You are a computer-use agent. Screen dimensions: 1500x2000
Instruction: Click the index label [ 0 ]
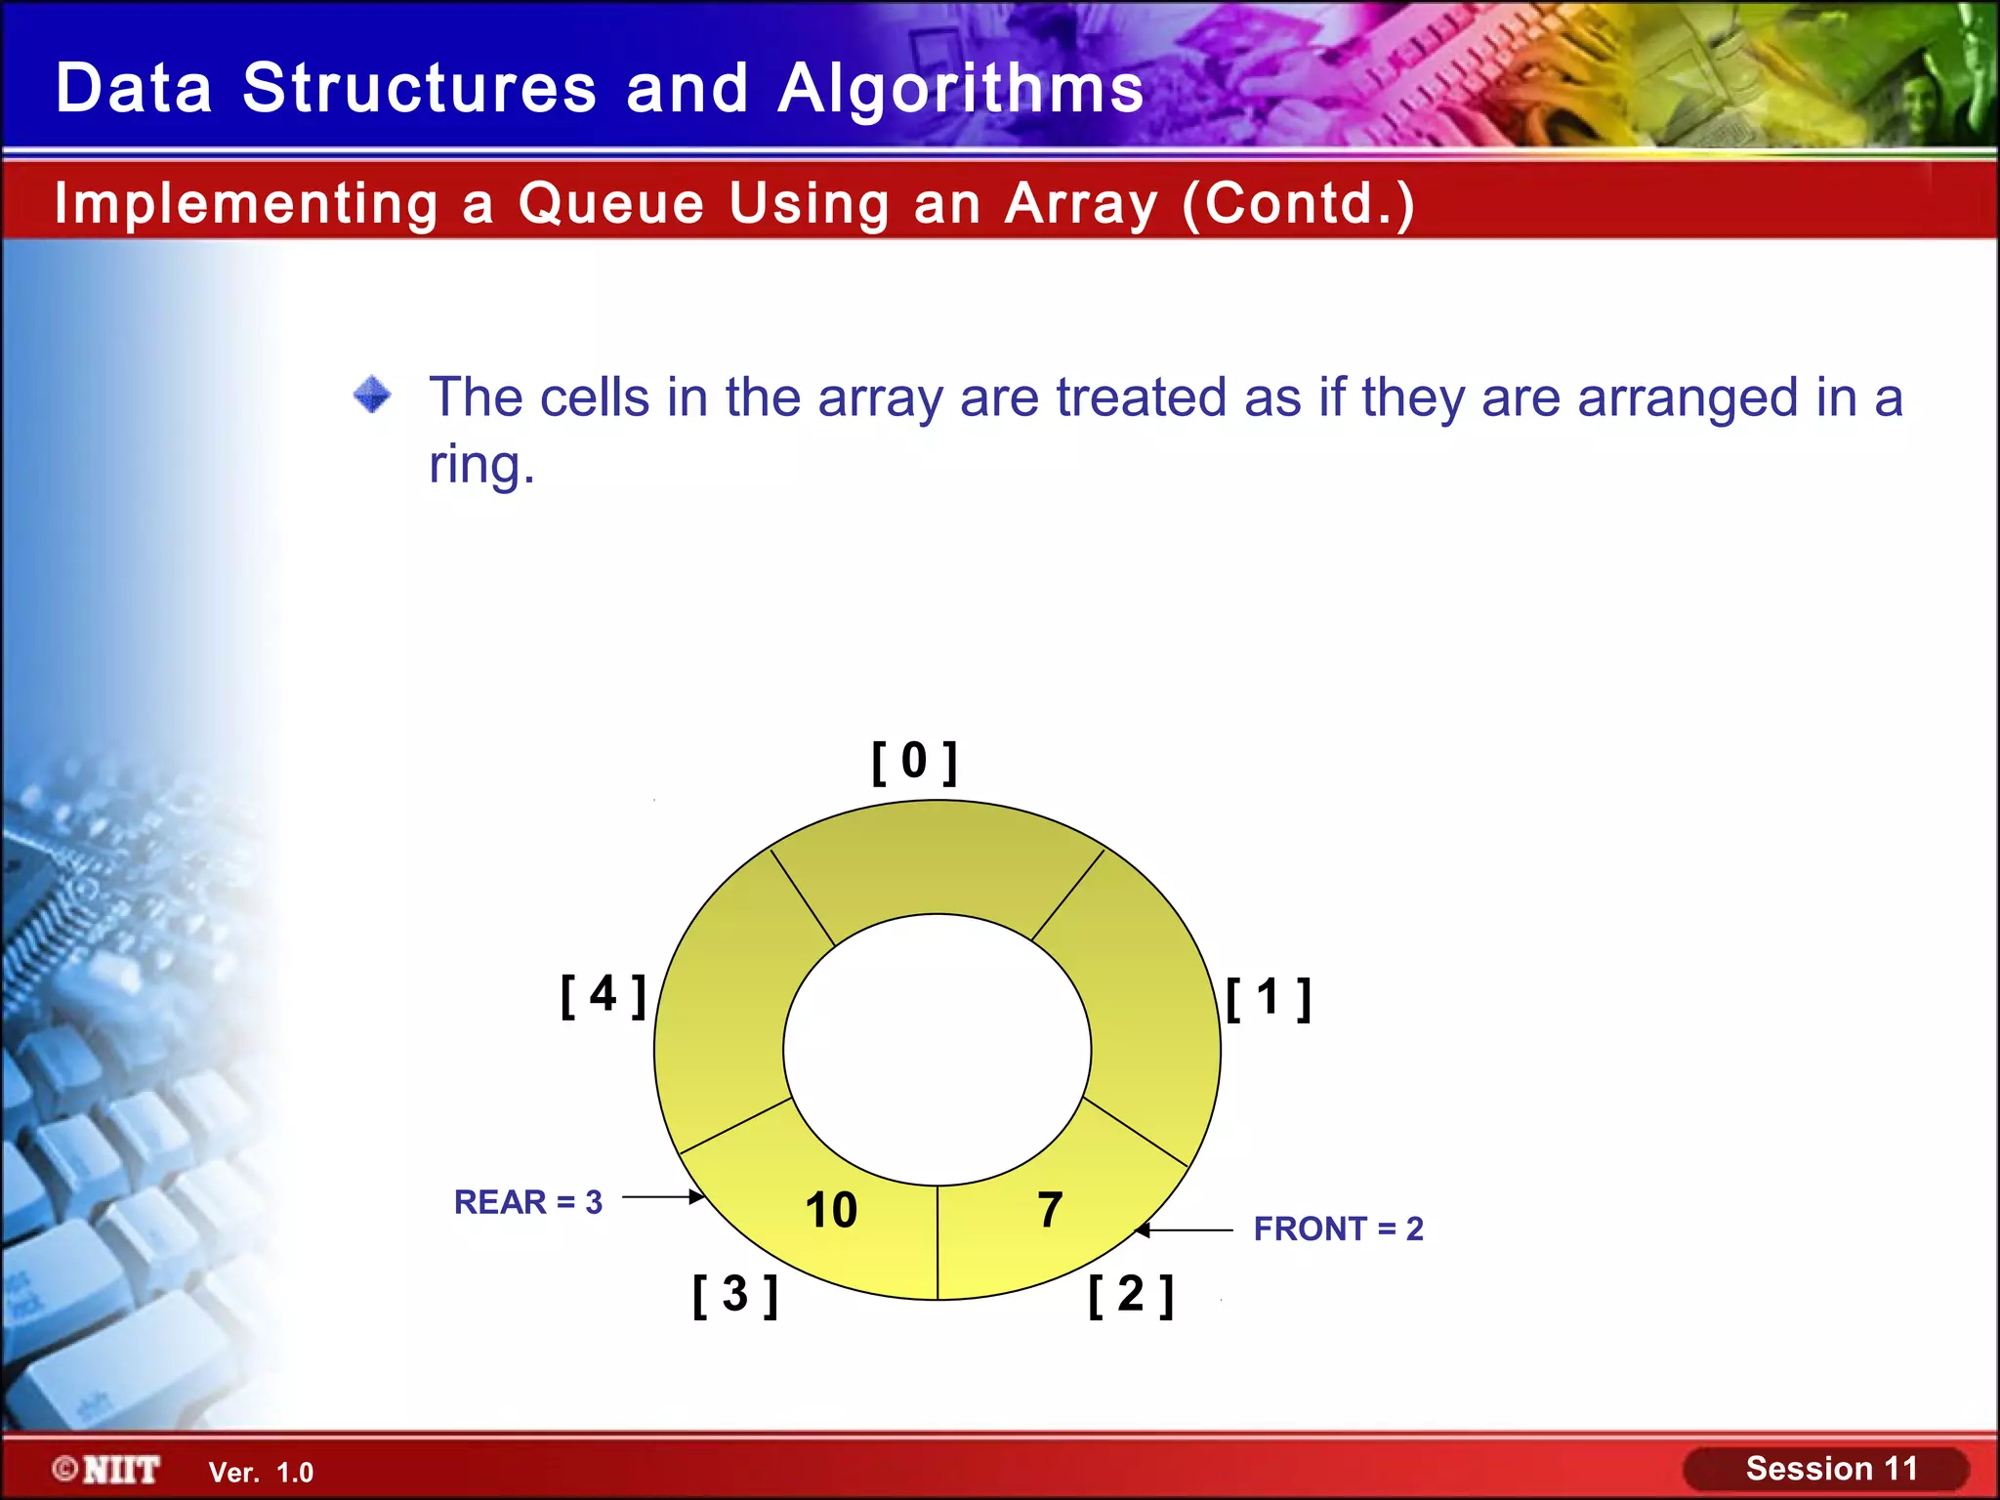914,762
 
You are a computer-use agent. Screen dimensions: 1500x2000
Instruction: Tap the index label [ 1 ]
1268,998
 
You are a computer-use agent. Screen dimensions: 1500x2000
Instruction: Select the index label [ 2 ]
1131,1295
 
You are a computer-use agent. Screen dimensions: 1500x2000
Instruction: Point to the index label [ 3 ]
735,1295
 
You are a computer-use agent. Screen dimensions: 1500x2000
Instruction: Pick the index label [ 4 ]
603,995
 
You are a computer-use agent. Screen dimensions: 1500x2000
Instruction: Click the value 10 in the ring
831,1210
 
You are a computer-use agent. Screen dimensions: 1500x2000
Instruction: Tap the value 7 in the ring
1050,1210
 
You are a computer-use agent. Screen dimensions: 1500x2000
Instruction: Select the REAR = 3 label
528,1202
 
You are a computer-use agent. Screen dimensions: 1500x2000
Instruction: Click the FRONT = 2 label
1338,1229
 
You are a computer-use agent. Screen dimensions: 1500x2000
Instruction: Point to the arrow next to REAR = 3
663,1196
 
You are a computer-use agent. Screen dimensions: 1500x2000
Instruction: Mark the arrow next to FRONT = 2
1185,1230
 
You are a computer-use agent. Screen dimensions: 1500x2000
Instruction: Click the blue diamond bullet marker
372,396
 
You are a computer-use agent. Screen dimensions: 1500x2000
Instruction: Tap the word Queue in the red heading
610,203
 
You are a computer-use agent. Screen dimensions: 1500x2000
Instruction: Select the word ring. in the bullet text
481,464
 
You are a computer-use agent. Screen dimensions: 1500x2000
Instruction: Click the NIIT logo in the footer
107,1470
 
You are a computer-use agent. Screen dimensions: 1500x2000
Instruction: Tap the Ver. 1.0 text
261,1473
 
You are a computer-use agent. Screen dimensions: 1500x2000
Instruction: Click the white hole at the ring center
937,1050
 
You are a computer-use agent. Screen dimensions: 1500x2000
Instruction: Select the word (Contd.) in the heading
1298,203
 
